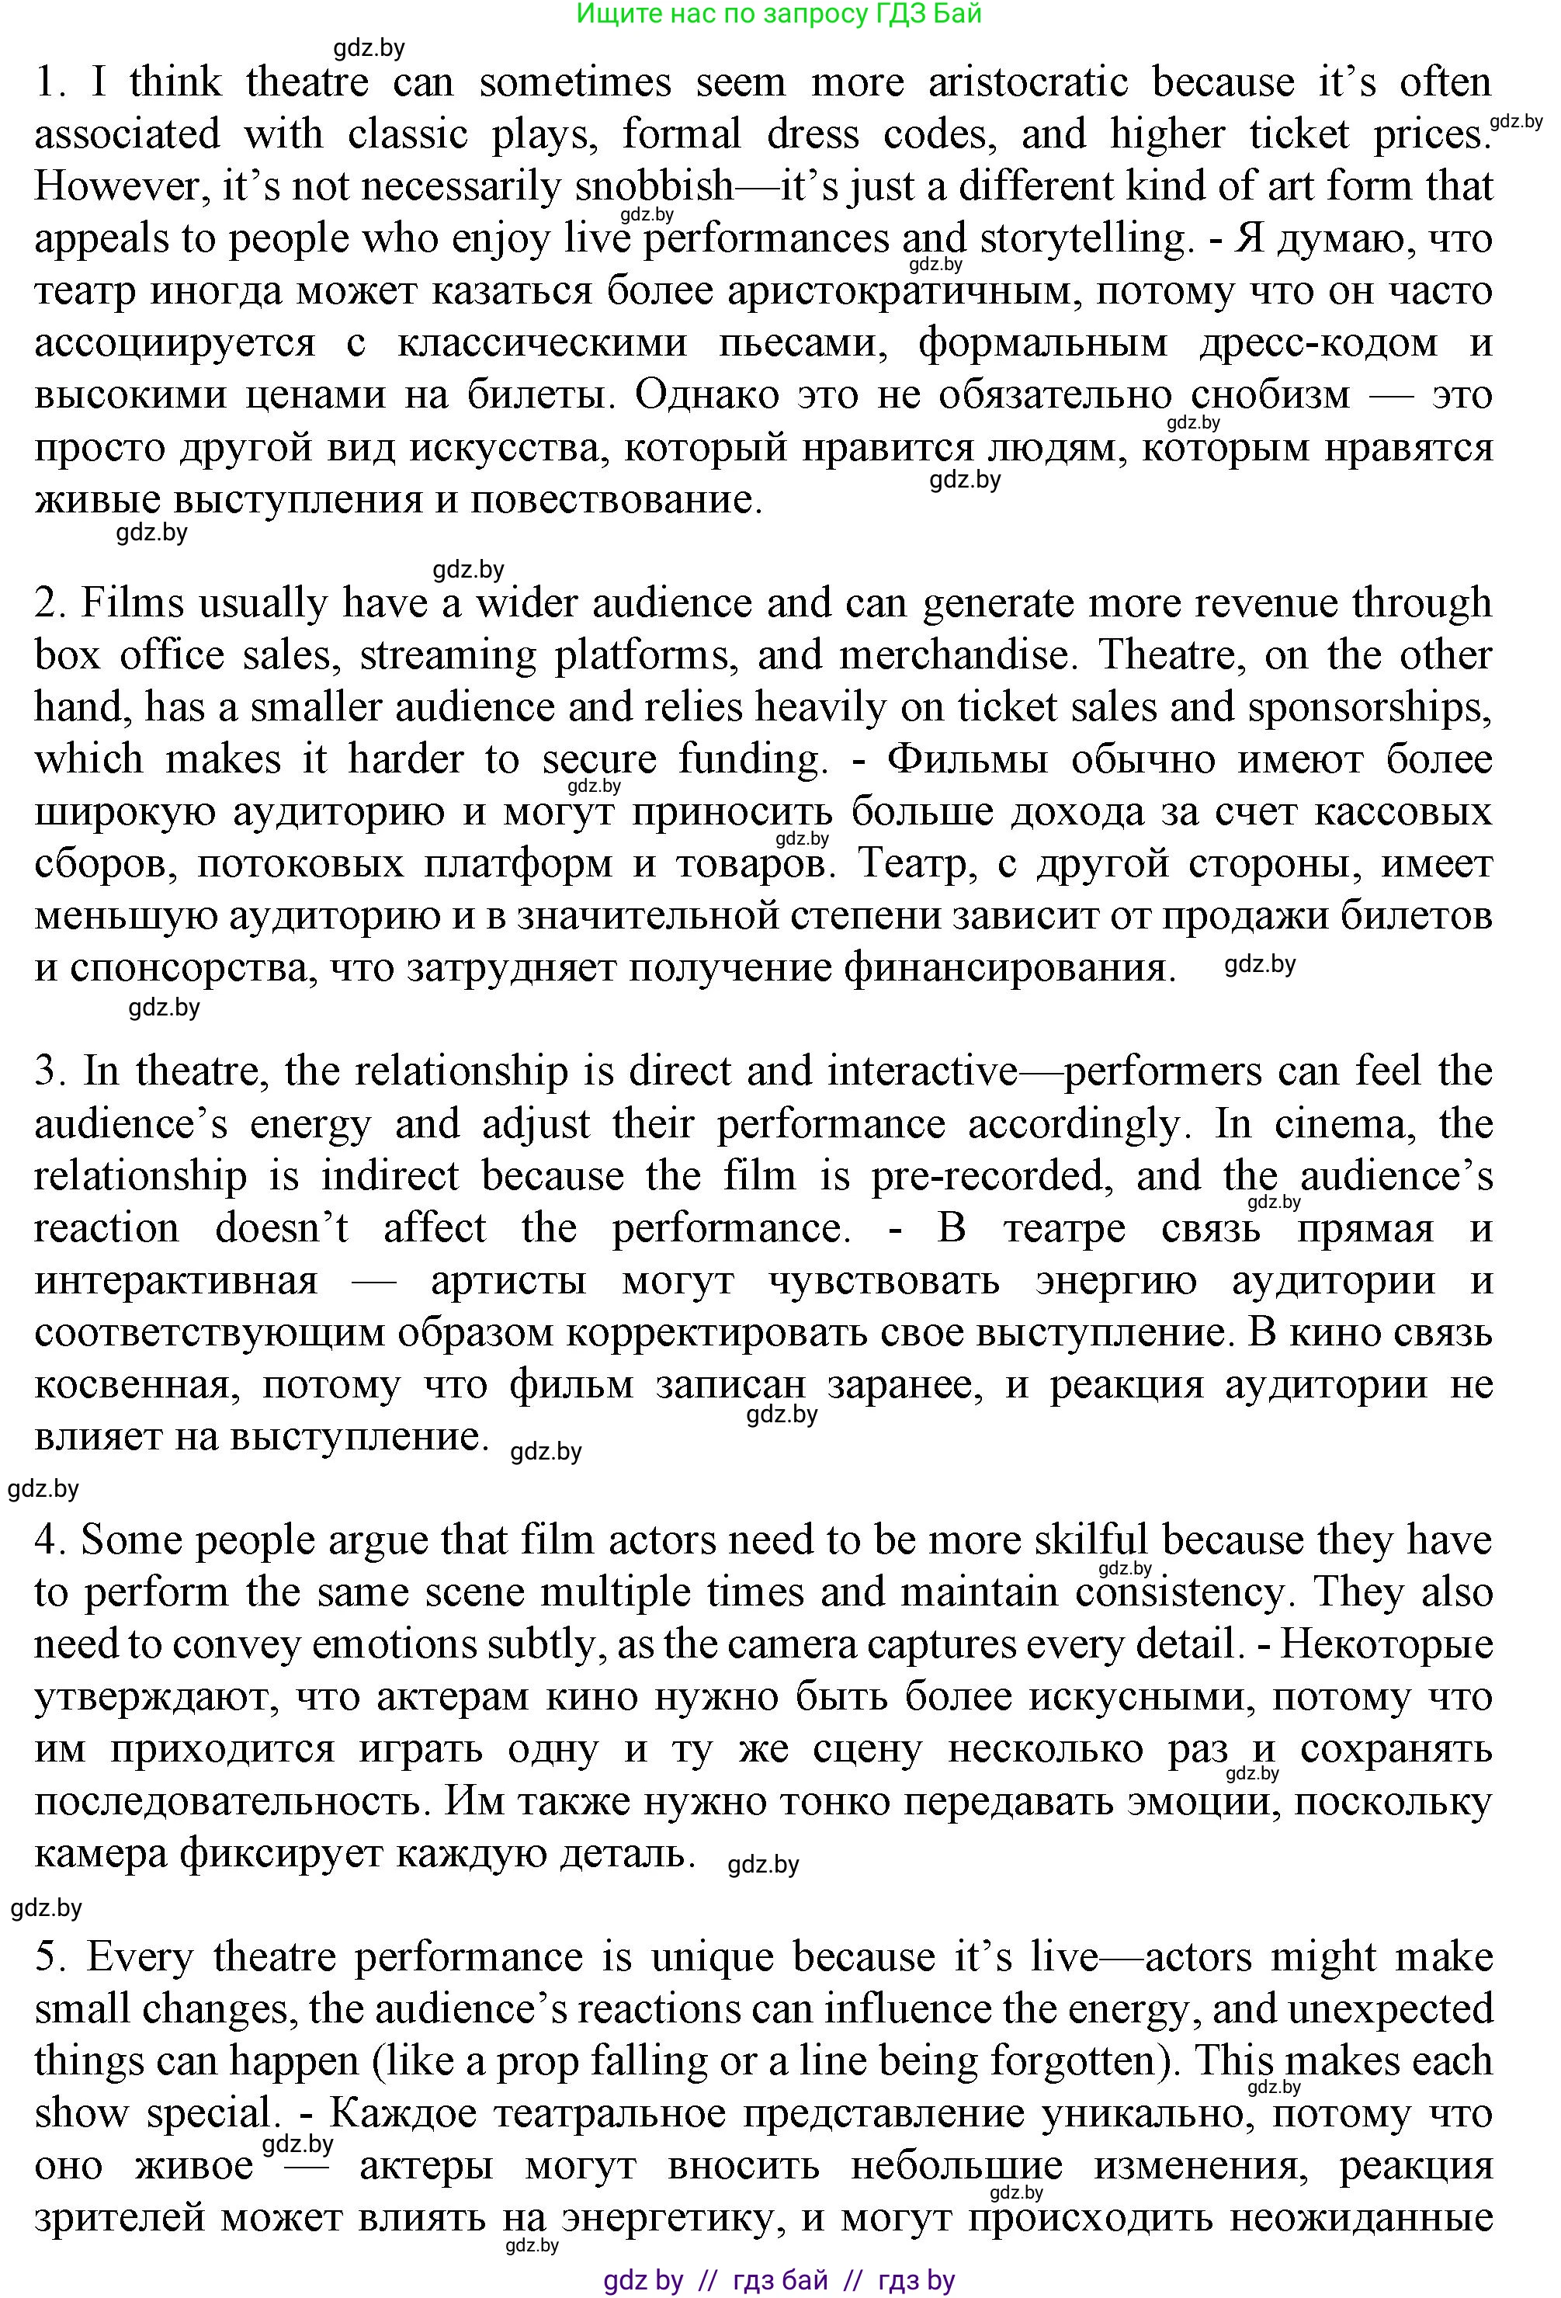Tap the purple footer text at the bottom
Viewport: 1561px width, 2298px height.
pyautogui.click(x=779, y=2280)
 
